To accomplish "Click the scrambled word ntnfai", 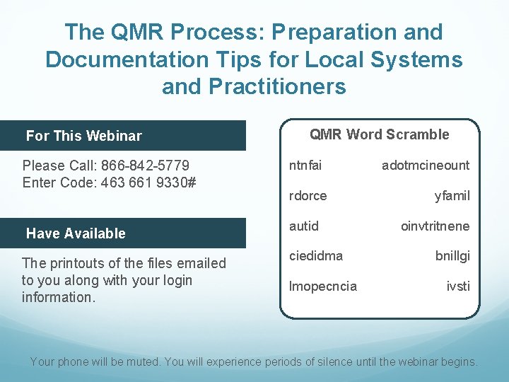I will (305, 165).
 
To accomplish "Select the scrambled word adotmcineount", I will (425, 165).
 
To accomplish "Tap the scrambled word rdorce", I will (308, 195).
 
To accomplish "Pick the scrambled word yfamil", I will (452, 195).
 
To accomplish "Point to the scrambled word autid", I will (304, 226).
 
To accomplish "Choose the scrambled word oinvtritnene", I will (435, 226).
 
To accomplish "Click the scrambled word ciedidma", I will (316, 255).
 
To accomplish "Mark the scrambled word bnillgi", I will (453, 255).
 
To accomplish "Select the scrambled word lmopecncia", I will (323, 286).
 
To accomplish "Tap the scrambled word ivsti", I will (458, 286).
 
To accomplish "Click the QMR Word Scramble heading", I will (380, 134).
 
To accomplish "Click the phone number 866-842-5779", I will (146, 166).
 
